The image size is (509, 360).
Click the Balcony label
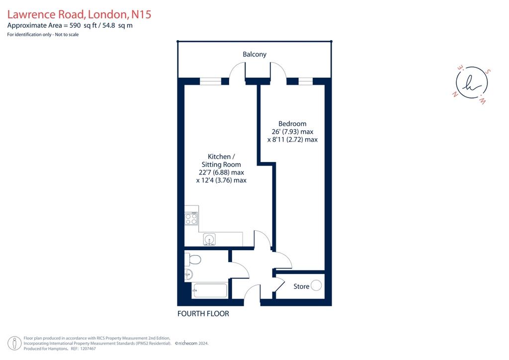coord(254,54)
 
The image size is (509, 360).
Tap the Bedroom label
coord(292,124)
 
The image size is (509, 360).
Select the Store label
coord(301,286)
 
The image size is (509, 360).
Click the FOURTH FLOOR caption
coord(203,314)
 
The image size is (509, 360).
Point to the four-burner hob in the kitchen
coord(191,218)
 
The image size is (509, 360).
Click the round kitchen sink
coord(209,240)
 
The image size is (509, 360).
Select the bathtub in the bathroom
coord(210,290)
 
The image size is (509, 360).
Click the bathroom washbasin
coord(188,274)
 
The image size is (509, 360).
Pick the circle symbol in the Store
coord(316,285)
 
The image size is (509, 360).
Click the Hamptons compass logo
coord(471,83)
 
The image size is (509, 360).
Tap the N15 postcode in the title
coord(141,14)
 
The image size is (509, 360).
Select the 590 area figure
coord(75,25)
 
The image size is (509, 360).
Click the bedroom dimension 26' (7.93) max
coord(292,131)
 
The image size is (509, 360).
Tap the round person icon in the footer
coord(14,344)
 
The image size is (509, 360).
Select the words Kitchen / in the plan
coord(221,157)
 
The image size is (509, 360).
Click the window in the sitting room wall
coord(210,81)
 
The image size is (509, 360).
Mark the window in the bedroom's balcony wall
coord(306,81)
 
